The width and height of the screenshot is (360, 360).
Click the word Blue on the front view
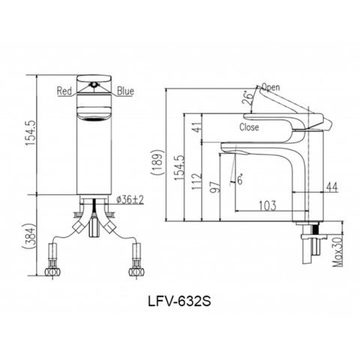coord(125,91)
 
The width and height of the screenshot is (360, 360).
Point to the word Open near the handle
coord(269,87)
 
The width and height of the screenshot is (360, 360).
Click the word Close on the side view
coord(249,127)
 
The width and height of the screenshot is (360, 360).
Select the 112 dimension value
coord(197,179)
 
